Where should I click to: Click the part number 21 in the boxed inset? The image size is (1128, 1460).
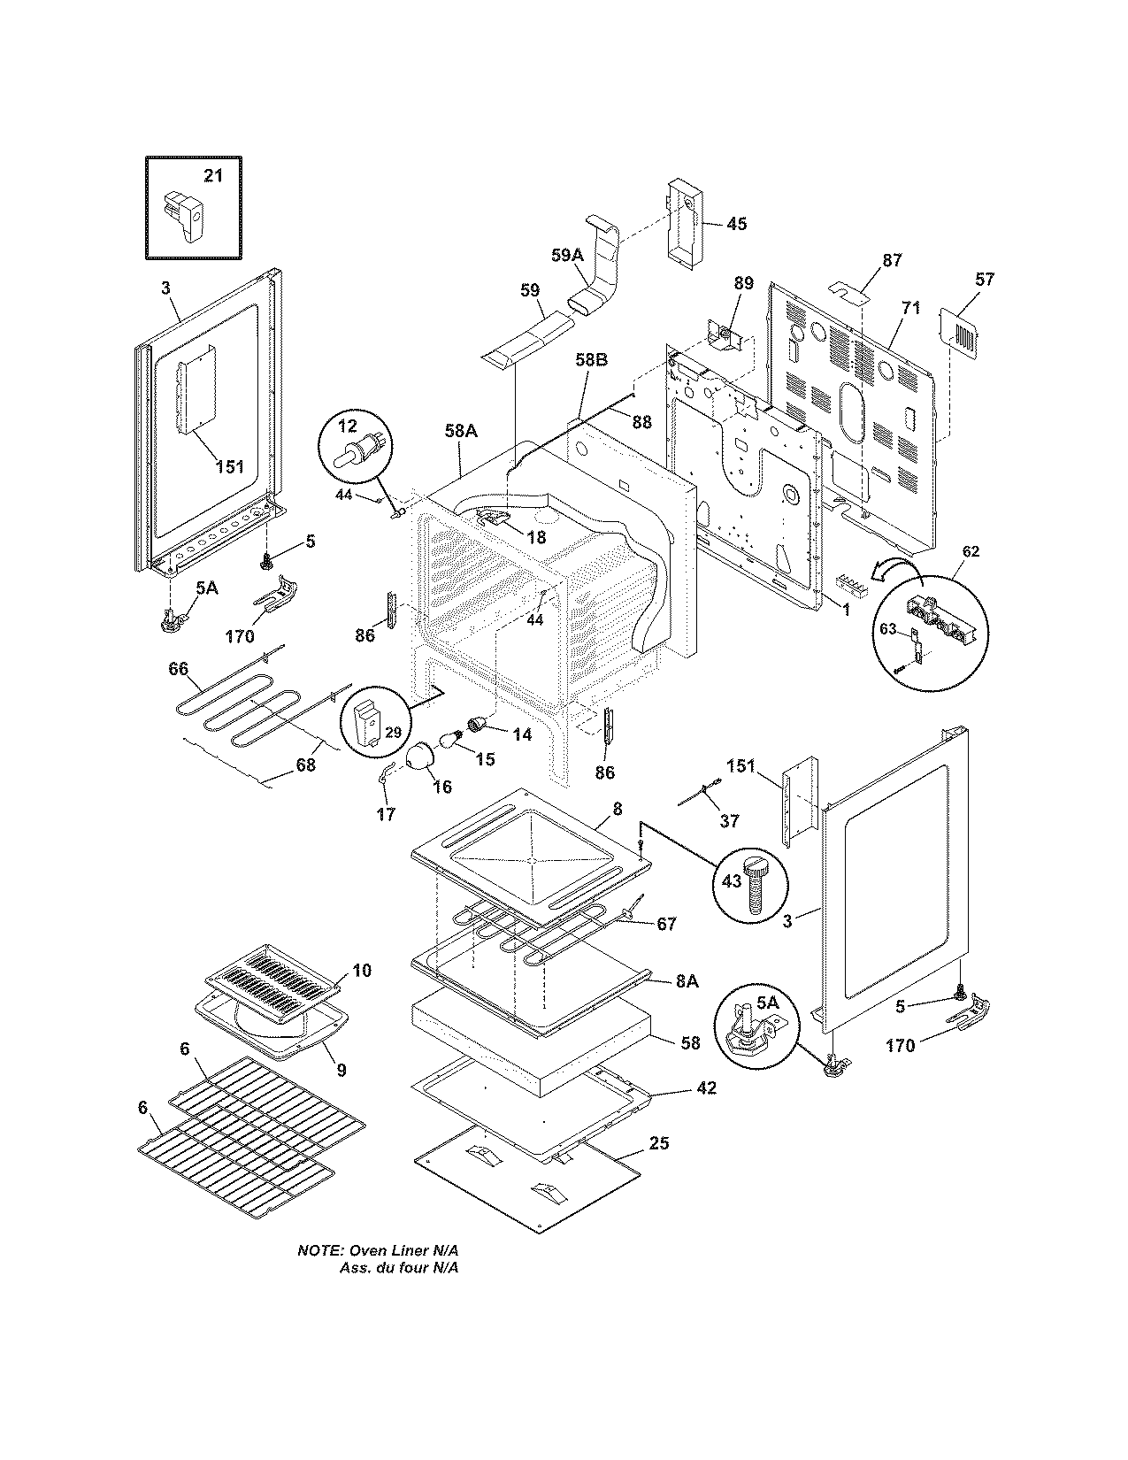click(212, 175)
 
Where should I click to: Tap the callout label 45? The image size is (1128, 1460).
click(736, 224)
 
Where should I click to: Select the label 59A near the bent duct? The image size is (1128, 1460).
click(566, 255)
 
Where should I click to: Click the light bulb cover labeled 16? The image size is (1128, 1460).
click(419, 757)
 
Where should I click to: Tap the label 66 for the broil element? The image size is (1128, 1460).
click(178, 669)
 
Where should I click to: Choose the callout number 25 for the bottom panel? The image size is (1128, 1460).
click(658, 1143)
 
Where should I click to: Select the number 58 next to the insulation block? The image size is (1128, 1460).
click(689, 1043)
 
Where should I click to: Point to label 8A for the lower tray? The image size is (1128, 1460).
click(687, 981)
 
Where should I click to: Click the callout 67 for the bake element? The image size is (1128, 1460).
click(666, 924)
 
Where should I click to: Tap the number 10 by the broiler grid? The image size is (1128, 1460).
click(361, 971)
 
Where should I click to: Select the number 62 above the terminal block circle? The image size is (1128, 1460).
click(971, 551)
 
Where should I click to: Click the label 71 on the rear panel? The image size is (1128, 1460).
click(911, 308)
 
